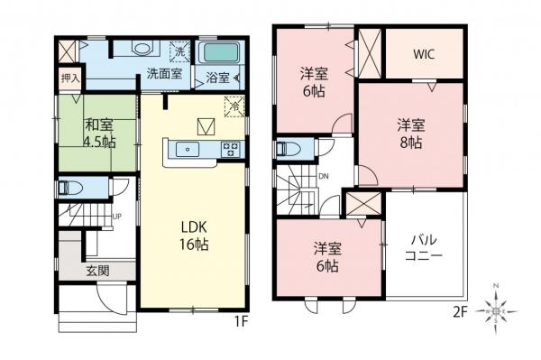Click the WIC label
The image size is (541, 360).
(425, 53)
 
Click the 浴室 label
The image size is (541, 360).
(217, 76)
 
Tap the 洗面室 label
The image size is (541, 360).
(165, 76)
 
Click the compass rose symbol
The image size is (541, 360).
(498, 309)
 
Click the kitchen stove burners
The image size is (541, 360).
(231, 150)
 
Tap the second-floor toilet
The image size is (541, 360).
(286, 148)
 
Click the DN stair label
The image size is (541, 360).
(323, 177)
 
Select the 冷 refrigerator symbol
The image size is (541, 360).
(234, 104)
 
